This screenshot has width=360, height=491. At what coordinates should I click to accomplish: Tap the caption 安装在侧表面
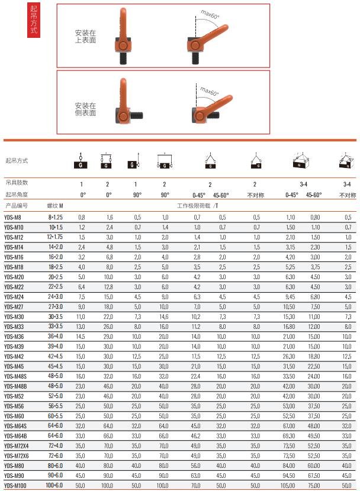(x=85, y=109)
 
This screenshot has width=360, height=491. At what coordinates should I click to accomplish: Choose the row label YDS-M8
(x=13, y=217)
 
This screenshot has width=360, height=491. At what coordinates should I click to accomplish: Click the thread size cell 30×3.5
(x=56, y=317)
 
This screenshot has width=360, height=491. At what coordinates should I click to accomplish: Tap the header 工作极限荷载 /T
(x=198, y=206)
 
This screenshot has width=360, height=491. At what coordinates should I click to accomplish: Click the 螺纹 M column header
(x=55, y=206)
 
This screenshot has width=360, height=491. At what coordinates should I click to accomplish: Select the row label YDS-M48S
(x=15, y=376)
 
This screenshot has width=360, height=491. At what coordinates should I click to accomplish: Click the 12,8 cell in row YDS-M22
(x=108, y=287)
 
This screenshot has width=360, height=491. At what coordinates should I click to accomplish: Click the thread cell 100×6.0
(x=55, y=484)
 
